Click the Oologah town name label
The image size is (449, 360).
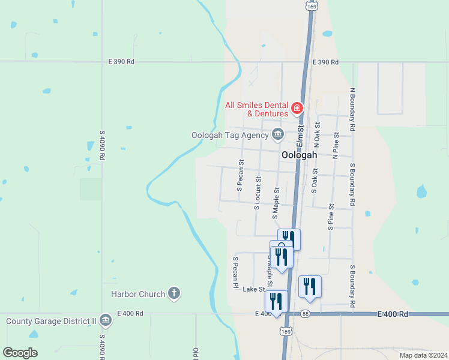pos(299,154)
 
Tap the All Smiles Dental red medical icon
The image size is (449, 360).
pos(297,109)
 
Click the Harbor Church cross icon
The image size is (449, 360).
pos(173,294)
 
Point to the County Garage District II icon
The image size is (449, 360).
pos(106,321)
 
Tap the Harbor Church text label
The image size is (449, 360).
pos(138,294)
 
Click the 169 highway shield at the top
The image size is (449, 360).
pos(311,5)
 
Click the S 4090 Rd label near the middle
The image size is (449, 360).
pos(103,145)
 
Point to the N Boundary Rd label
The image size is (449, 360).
pos(353,110)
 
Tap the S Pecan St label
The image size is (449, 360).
pos(240,175)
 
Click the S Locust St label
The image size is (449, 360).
pos(258,193)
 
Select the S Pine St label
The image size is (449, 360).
pos(331,217)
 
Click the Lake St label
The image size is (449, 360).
pos(253,289)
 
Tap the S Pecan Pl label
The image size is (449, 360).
pos(235,272)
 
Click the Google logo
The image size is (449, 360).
pos(20,352)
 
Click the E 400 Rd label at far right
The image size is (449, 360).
pos(393,314)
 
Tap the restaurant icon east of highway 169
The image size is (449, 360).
pos(310,286)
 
